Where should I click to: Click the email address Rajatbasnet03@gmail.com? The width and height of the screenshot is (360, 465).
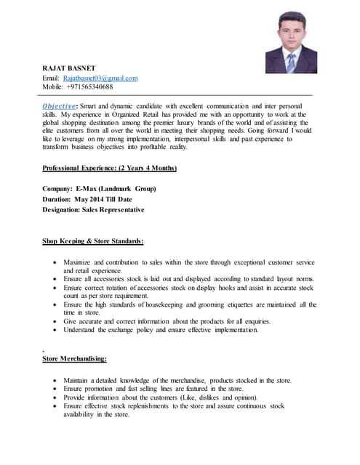tap(100, 78)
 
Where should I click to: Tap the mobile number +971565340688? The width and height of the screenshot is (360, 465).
tap(88, 86)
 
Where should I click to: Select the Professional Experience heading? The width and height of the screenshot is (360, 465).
tap(110, 168)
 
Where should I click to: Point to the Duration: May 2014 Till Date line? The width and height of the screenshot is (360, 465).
tap(87, 199)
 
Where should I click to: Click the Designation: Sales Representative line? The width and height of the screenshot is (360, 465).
tap(93, 209)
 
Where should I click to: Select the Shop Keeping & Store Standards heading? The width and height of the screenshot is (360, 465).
tap(93, 240)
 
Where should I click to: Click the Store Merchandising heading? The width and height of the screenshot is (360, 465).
tap(75, 358)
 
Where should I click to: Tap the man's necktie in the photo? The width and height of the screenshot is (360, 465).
tap(291, 62)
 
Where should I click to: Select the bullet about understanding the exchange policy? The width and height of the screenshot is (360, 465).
tap(160, 330)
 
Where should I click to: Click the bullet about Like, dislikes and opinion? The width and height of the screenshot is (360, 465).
tap(161, 397)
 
